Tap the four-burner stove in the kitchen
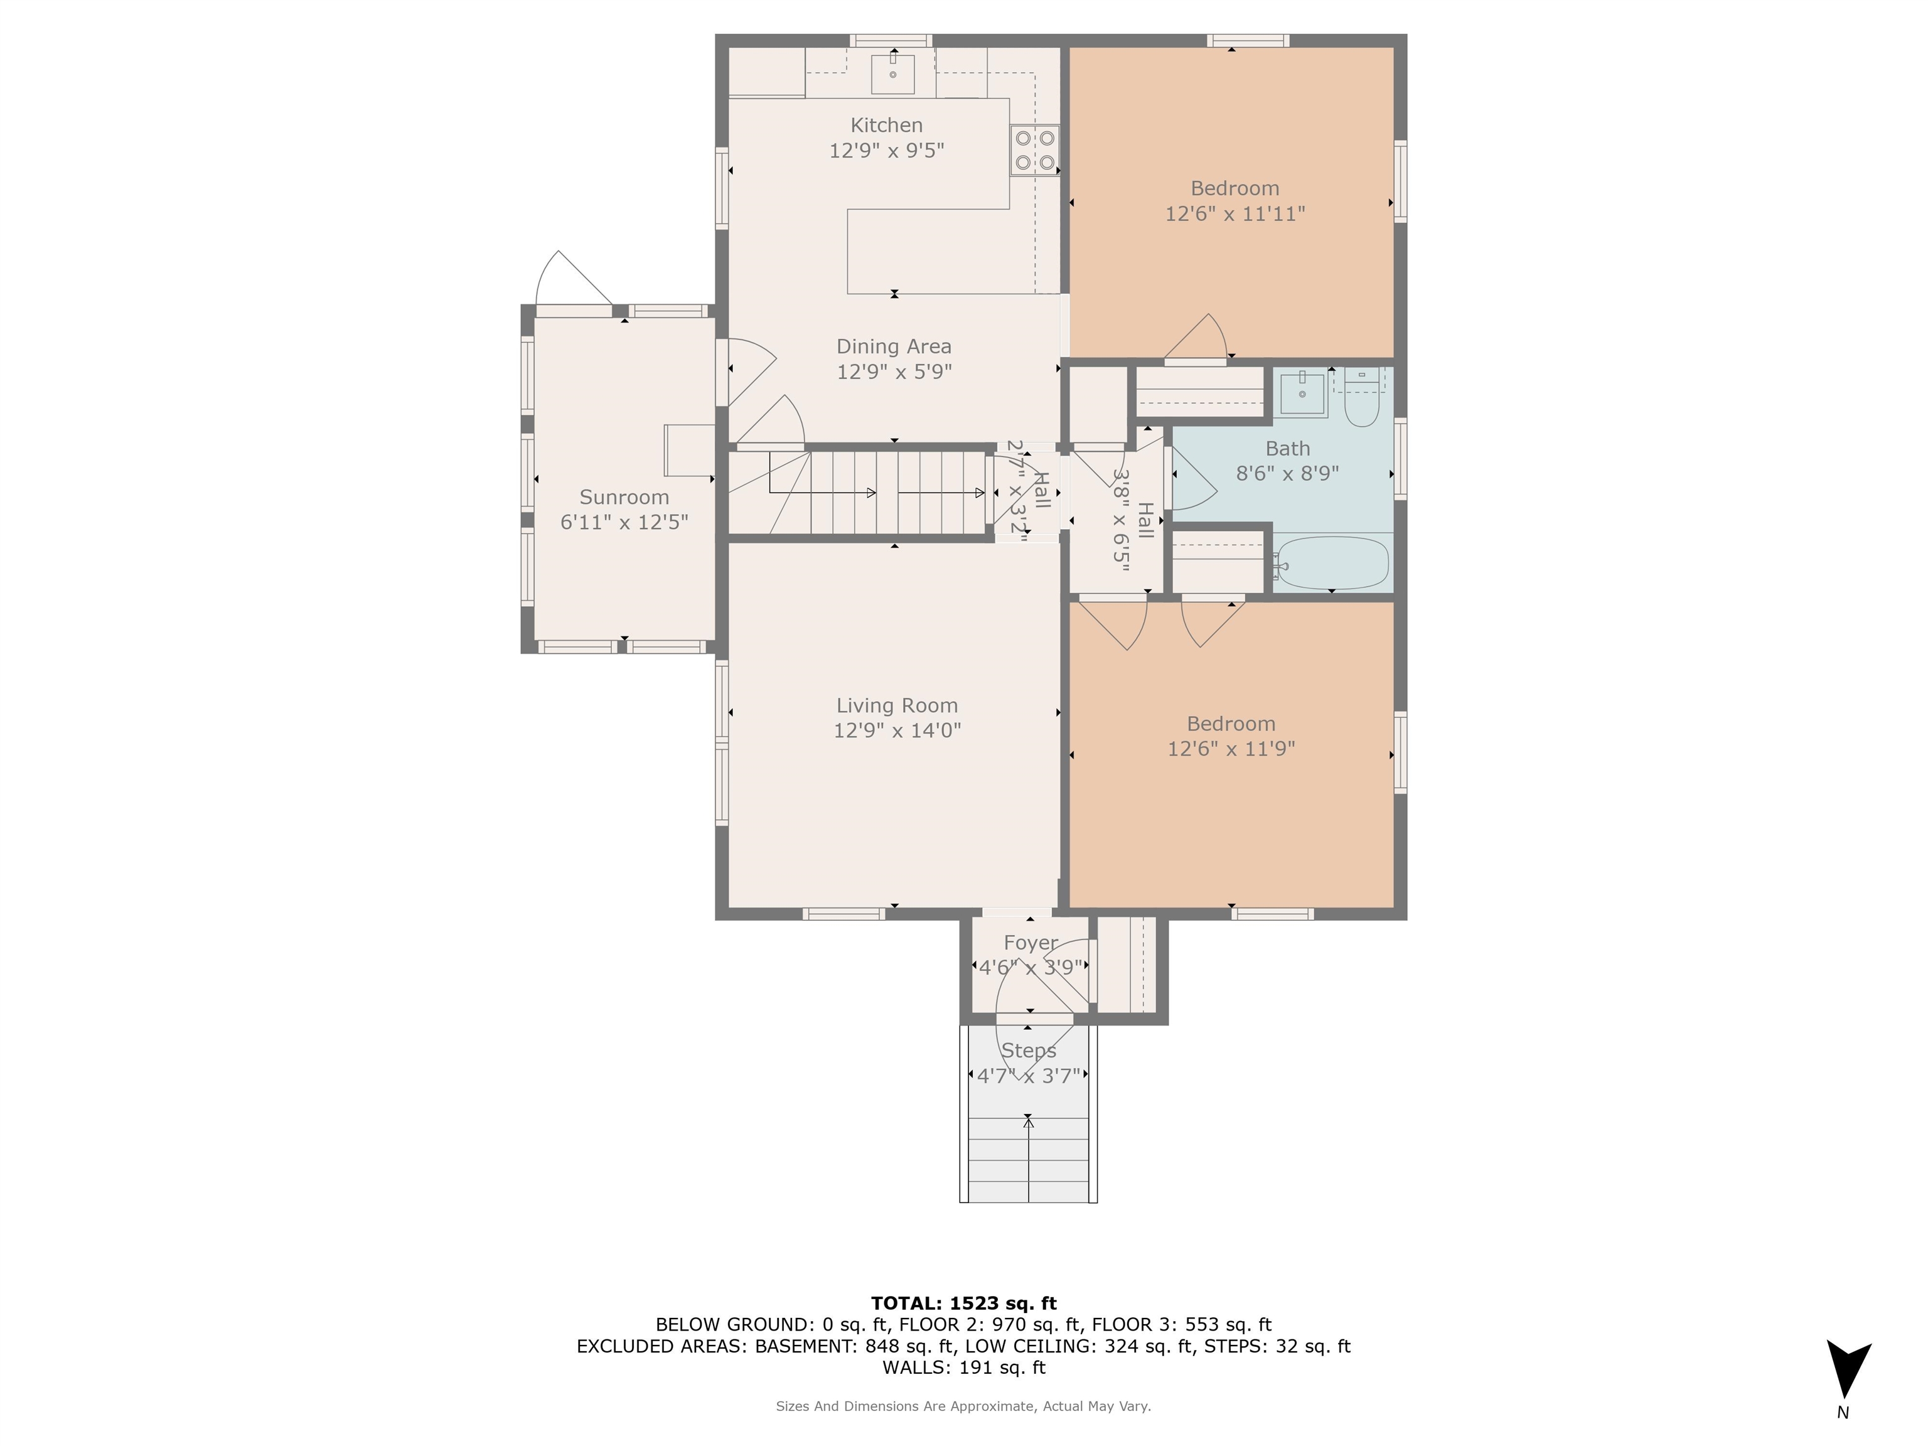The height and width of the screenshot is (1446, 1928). click(x=1034, y=151)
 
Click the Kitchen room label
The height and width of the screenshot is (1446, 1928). click(x=886, y=126)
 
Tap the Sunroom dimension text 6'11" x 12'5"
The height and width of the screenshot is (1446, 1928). click(x=624, y=522)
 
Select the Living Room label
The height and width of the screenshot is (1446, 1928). click(x=897, y=705)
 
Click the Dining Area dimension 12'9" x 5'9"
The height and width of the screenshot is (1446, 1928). click(x=894, y=372)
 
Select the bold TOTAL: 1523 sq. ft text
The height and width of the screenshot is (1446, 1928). click(x=964, y=1303)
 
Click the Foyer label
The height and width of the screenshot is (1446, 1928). click(x=1031, y=943)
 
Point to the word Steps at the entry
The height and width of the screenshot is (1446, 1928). click(x=1029, y=1051)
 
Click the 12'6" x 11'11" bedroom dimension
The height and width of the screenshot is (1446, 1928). click(x=1235, y=213)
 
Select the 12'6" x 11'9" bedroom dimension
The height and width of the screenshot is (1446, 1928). click(x=1231, y=749)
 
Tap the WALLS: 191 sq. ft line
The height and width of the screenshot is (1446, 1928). click(x=964, y=1368)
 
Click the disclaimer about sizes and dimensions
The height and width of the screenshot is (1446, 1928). click(x=964, y=1406)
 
